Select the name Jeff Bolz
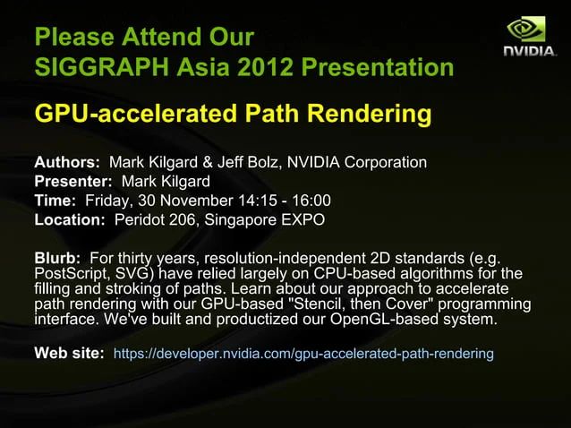coord(259,163)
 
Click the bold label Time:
coord(54,201)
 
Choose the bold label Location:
coord(70,219)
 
